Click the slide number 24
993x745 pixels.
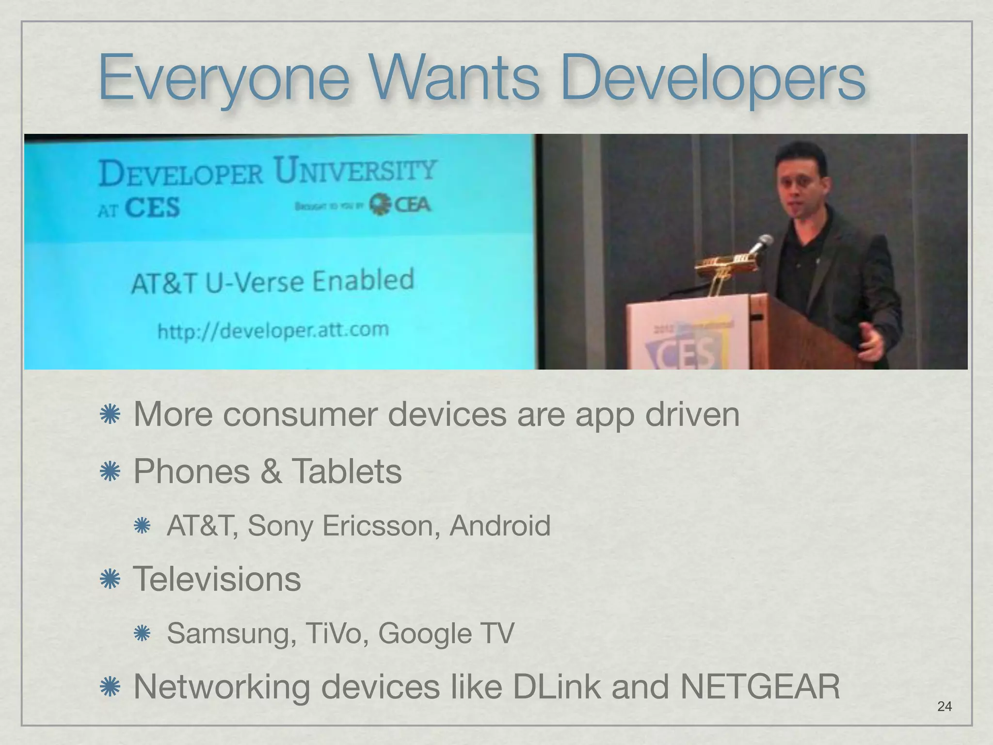pos(945,706)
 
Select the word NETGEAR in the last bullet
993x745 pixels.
pos(760,687)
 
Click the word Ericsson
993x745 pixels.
pos(381,526)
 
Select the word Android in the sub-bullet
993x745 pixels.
pos(500,526)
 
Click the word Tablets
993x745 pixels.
pos(346,471)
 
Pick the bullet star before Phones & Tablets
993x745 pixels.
pos(110,471)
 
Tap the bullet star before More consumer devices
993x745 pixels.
pos(110,415)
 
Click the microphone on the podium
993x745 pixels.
pos(761,243)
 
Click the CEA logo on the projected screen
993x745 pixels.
pos(400,204)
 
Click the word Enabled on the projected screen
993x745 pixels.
pos(363,280)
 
